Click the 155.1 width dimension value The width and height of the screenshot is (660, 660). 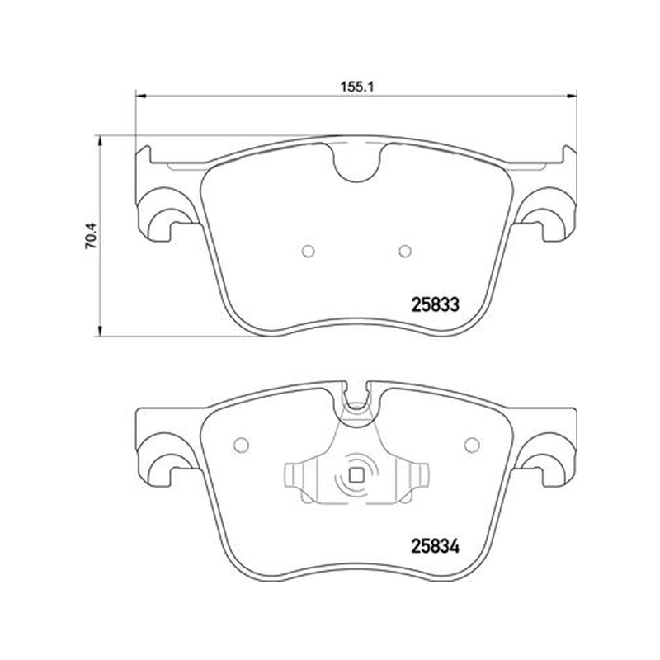(357, 87)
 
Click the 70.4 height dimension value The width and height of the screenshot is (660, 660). (92, 236)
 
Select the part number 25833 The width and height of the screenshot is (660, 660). (435, 304)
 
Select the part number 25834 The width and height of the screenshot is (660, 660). (435, 546)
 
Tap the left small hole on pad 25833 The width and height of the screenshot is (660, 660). (309, 252)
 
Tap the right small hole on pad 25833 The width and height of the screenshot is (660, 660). (405, 252)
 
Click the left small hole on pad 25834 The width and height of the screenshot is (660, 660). (241, 445)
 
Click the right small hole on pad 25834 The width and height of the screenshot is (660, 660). (471, 445)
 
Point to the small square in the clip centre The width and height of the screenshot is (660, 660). (356, 476)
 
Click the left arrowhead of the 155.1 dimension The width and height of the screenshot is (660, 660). (140, 96)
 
